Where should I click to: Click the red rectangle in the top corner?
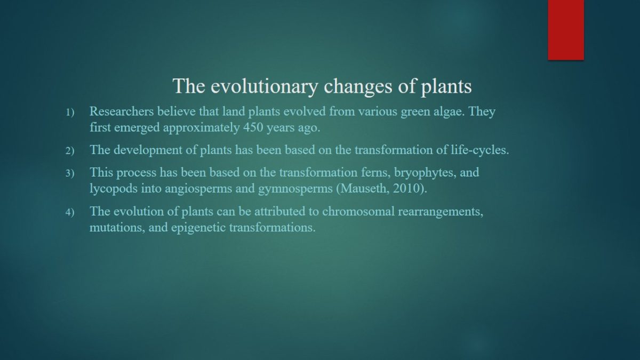pos(566,30)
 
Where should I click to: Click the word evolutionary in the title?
pos(265,86)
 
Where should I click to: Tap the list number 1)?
pos(70,113)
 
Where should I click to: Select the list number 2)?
pos(70,150)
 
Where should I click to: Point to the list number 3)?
pos(70,173)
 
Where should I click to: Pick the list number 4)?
pos(70,212)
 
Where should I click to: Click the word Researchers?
pos(122,111)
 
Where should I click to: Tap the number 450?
pos(253,127)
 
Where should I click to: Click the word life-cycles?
pos(480,150)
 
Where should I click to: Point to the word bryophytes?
pos(425,173)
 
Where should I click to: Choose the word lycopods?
pos(114,189)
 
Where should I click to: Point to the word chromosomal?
pos(358,211)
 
